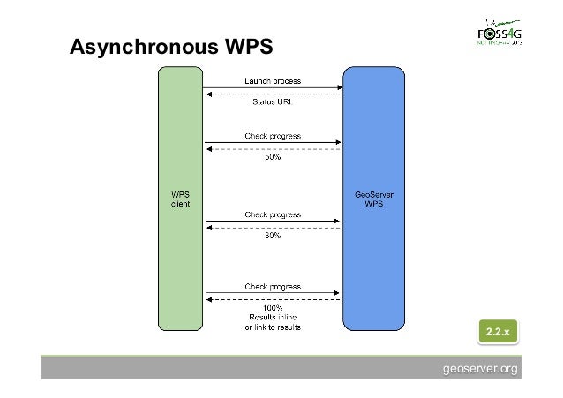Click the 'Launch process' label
coord(273,81)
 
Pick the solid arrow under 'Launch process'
coord(273,87)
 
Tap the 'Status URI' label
coord(273,102)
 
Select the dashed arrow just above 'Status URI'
coord(273,94)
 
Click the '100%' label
coord(273,307)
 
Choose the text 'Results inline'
coord(273,317)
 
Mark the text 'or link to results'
coord(273,327)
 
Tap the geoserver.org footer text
coord(481,368)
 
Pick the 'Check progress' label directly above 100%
coord(273,286)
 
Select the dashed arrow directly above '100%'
coord(273,299)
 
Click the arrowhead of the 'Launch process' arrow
coord(339,87)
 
